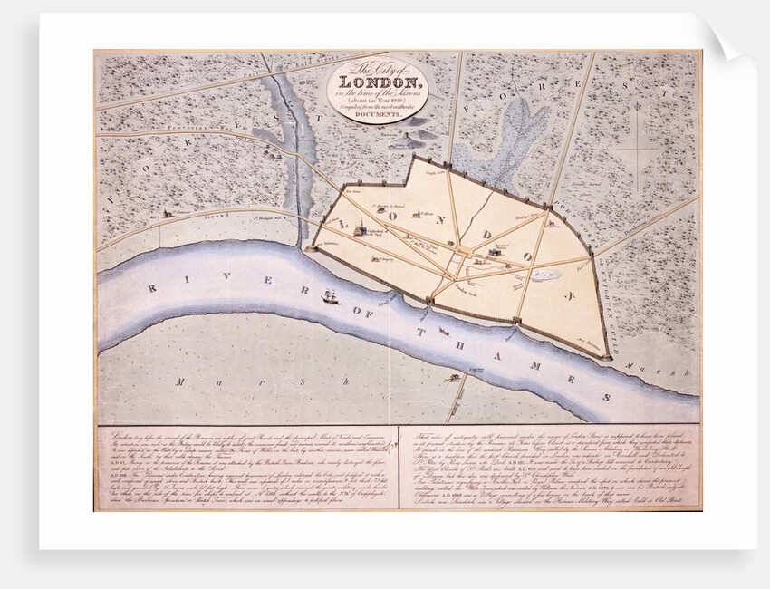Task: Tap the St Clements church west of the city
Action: coord(167,214)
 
